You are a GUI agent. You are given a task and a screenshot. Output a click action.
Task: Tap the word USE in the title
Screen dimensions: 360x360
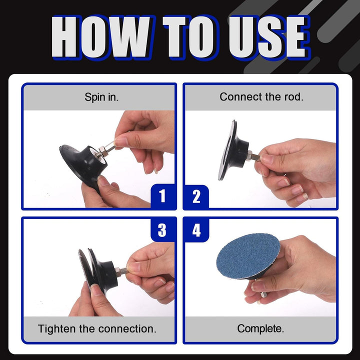(x=268, y=36)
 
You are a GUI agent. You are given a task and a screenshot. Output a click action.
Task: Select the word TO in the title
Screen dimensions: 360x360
(x=190, y=36)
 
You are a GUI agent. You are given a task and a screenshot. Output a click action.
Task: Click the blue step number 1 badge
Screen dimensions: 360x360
(x=162, y=196)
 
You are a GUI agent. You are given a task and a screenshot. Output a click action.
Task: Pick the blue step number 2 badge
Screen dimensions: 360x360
(x=196, y=196)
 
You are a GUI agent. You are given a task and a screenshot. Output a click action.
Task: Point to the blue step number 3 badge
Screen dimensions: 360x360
(x=162, y=230)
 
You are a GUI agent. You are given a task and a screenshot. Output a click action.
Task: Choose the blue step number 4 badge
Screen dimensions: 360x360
(x=196, y=230)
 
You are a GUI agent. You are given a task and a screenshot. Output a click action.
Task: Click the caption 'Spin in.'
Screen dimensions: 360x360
(x=101, y=97)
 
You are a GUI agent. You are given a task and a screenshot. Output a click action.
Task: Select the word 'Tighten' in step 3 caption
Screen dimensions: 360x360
(x=57, y=329)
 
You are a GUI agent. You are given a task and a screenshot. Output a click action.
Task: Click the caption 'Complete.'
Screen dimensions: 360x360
(x=260, y=328)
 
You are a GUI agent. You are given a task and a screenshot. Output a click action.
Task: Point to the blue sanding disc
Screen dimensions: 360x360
(x=248, y=256)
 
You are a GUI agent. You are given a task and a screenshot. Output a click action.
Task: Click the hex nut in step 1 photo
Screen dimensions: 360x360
(x=101, y=151)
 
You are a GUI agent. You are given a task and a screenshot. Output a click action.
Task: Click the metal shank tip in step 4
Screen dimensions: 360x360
(x=262, y=295)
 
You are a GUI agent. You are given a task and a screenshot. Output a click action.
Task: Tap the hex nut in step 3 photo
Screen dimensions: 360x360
(x=117, y=272)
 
